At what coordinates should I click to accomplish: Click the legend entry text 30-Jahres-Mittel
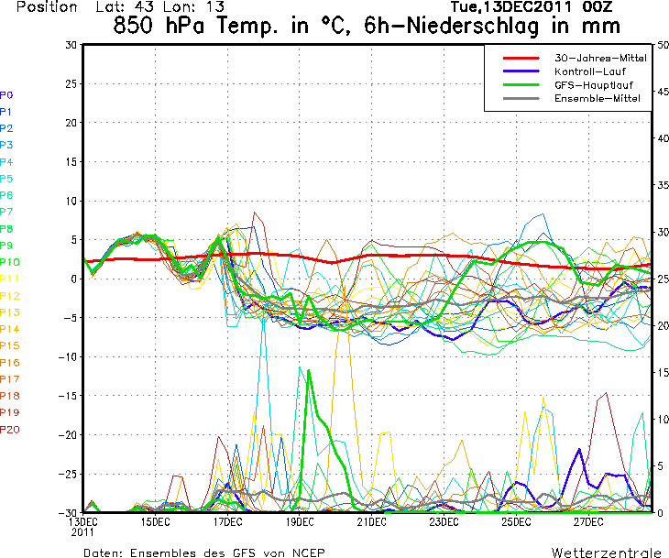(600, 58)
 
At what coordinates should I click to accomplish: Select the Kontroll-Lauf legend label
(589, 71)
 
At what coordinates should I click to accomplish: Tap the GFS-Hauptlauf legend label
(594, 85)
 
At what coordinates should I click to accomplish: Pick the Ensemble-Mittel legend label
(598, 98)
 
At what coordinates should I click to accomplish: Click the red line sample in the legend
(521, 58)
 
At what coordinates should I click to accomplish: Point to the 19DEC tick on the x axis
(300, 522)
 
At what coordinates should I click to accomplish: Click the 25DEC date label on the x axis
(516, 522)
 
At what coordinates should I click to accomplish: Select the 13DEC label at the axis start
(83, 522)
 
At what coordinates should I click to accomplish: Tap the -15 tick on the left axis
(68, 396)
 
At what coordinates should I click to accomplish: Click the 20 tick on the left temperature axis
(71, 123)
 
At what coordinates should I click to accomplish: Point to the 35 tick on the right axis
(663, 185)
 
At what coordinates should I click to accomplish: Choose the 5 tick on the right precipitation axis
(661, 465)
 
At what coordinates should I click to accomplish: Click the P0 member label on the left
(6, 95)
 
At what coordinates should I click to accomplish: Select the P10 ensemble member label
(10, 262)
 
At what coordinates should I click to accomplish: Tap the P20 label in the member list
(10, 429)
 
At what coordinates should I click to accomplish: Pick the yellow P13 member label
(10, 312)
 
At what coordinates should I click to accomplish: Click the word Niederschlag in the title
(473, 26)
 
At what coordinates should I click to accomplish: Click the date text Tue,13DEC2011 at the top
(511, 6)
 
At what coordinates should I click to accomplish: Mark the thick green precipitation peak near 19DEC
(309, 370)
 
